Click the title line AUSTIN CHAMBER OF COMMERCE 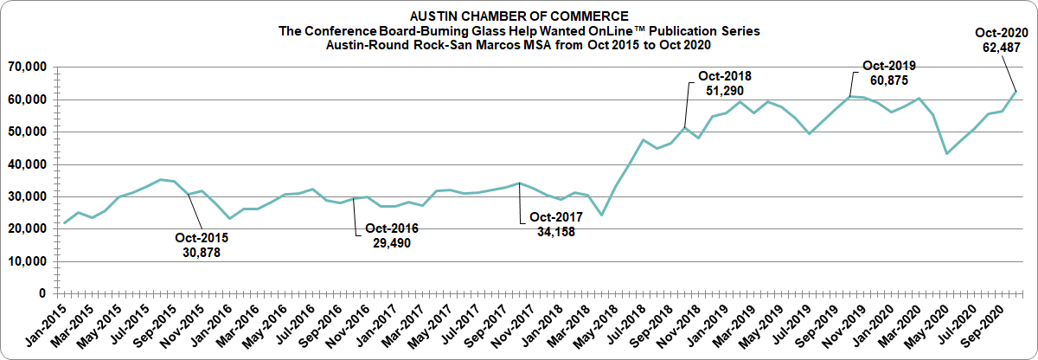pos(518,16)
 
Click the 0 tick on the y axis pos(41,294)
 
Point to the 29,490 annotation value pos(391,243)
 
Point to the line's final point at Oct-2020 pos(1016,91)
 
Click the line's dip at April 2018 pos(601,215)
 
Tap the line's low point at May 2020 pos(947,153)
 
